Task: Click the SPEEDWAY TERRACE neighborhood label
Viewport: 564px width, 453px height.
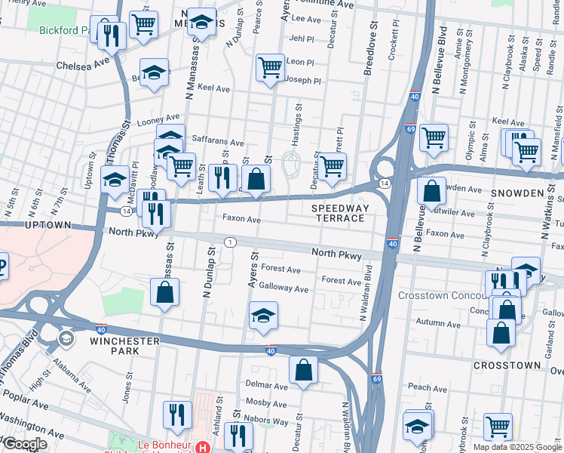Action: point(338,213)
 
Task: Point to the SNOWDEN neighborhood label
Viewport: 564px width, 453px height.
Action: point(518,193)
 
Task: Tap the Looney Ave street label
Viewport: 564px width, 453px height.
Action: point(158,118)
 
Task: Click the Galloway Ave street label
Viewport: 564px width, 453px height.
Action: point(284,288)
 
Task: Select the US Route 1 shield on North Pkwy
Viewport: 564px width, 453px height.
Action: point(229,242)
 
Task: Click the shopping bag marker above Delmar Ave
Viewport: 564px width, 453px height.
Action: point(303,370)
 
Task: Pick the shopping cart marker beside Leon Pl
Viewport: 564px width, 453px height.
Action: point(270,67)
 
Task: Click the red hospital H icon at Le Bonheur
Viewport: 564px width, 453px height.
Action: point(202,447)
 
